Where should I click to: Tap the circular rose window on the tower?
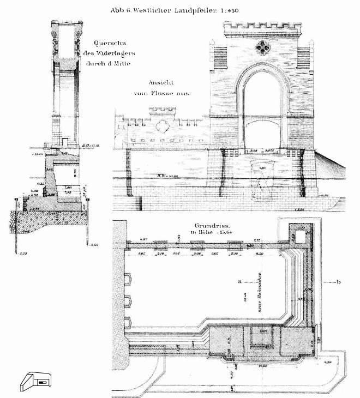(x=263, y=47)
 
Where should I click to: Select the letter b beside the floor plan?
(x=339, y=282)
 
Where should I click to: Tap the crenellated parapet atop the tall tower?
(x=262, y=27)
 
